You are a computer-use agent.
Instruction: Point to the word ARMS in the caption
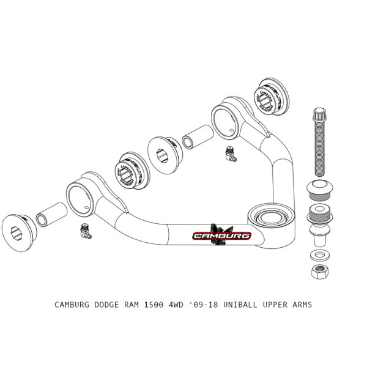point(300,304)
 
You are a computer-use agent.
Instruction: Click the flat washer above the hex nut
point(318,254)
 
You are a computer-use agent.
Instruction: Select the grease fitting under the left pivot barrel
point(85,231)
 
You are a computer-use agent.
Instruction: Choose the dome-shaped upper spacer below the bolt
point(318,190)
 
